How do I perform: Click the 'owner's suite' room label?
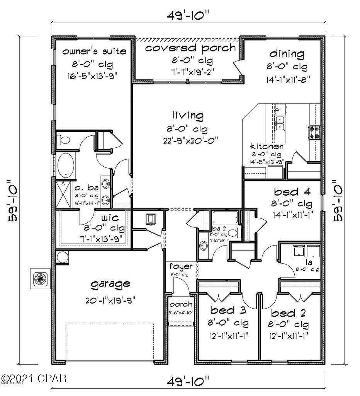[x=94, y=51]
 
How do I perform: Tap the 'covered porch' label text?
[x=190, y=48]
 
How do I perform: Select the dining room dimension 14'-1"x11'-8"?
[x=287, y=80]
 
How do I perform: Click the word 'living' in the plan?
[x=188, y=115]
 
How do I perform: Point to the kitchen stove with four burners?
[x=313, y=132]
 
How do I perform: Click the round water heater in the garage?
[x=61, y=258]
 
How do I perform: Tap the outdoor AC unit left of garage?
[x=40, y=278]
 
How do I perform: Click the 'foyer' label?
[x=178, y=266]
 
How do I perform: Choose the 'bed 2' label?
[x=289, y=312]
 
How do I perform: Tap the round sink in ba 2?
[x=204, y=245]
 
